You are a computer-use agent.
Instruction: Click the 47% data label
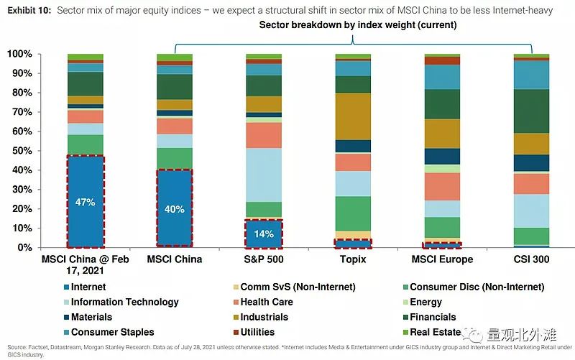pyautogui.click(x=86, y=203)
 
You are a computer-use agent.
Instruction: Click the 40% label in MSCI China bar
pyautogui.click(x=175, y=209)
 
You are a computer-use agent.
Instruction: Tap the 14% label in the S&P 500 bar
pyautogui.click(x=264, y=234)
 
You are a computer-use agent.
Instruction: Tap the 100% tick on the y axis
pyautogui.click(x=19, y=55)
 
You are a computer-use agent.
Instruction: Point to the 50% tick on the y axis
pyautogui.click(x=21, y=151)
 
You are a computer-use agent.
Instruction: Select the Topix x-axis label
pyautogui.click(x=353, y=259)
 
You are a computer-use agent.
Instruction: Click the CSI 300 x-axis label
pyautogui.click(x=531, y=259)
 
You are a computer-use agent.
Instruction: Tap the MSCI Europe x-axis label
pyautogui.click(x=442, y=259)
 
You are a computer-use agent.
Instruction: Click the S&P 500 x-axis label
pyautogui.click(x=264, y=259)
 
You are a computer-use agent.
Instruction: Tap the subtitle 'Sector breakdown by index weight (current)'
pyautogui.click(x=359, y=25)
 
